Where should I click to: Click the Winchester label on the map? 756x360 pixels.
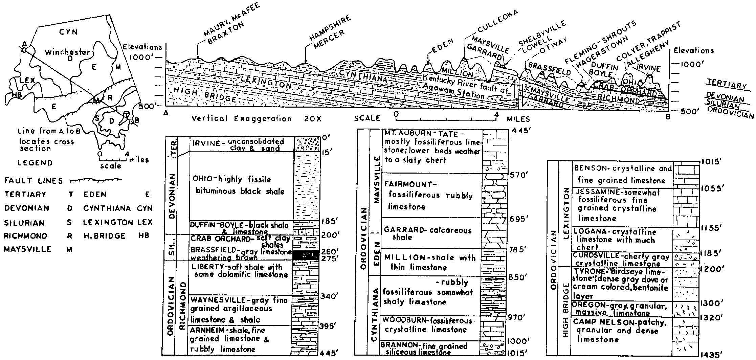coord(68,52)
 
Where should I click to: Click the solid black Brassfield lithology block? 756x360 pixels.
coord(306,255)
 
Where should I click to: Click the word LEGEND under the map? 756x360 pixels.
coord(35,163)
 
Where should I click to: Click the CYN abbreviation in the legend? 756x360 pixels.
coord(145,208)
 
